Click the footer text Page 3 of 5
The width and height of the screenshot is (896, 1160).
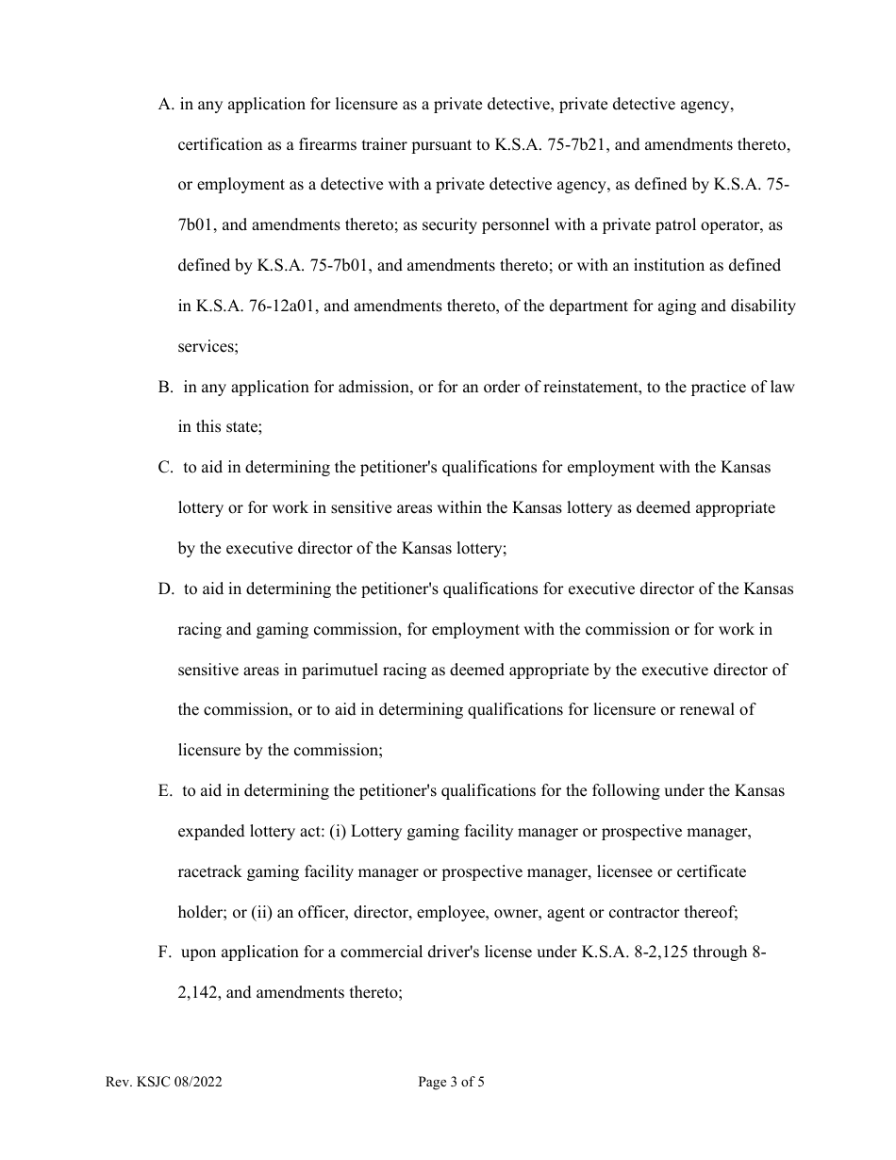451,1083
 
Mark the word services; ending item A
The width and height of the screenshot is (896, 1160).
208,347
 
